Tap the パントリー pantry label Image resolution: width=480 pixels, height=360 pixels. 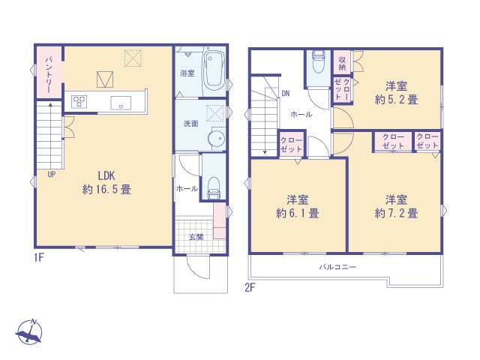pos(47,73)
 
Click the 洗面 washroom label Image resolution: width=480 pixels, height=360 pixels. pos(190,124)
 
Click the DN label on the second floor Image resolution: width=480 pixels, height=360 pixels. pos(286,94)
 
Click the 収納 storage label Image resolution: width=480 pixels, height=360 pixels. pos(341,61)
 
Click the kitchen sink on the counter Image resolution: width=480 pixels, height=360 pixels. pos(121,103)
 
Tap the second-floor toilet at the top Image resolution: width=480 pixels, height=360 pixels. pos(317,59)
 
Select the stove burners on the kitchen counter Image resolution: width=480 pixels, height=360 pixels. pos(80,102)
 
